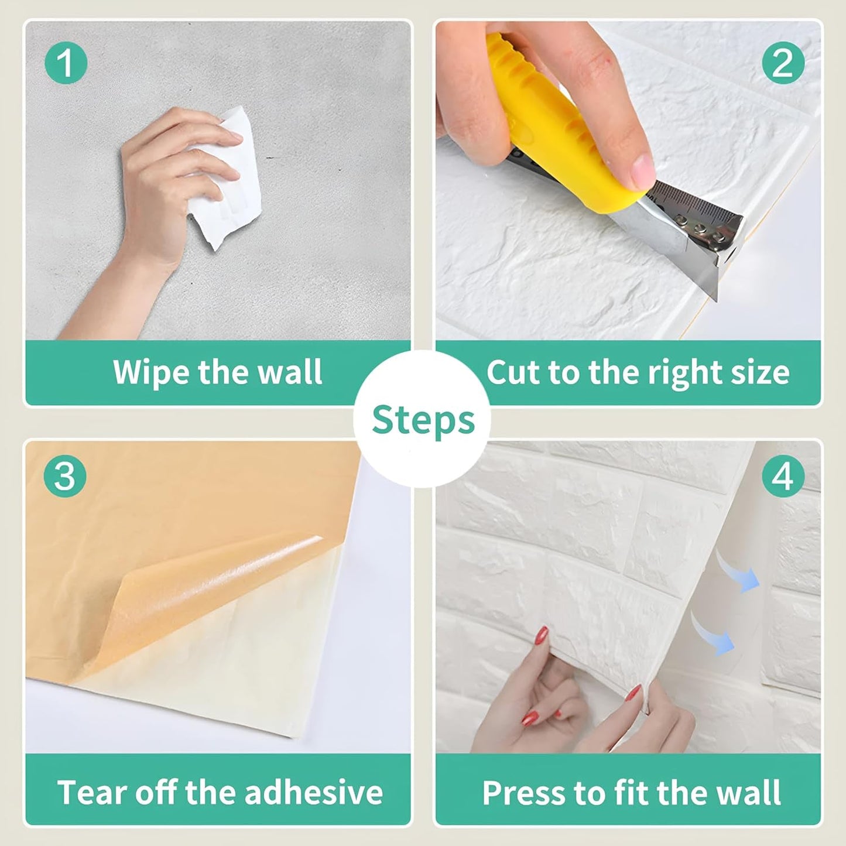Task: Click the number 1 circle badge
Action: pyautogui.click(x=66, y=63)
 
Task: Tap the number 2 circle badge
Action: pyautogui.click(x=783, y=63)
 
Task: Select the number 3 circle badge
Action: pyautogui.click(x=65, y=476)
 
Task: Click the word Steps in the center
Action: pyautogui.click(x=423, y=420)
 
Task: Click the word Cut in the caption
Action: pyautogui.click(x=513, y=372)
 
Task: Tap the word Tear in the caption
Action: pyautogui.click(x=90, y=792)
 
